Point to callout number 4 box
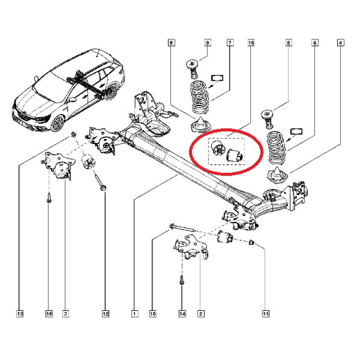341,43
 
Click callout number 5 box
171,43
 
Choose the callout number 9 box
207,43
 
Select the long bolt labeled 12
100,180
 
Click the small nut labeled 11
252,243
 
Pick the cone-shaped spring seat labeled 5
198,125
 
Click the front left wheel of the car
58,123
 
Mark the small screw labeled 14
181,282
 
